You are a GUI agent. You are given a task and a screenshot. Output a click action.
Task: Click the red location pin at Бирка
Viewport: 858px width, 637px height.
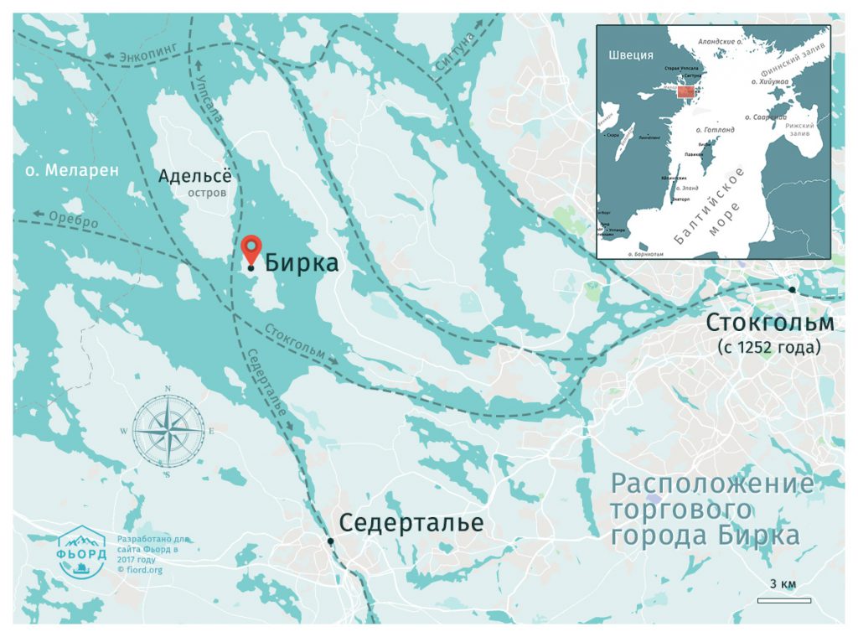point(251,249)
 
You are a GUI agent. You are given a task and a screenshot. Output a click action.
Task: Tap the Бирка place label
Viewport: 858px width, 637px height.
point(302,263)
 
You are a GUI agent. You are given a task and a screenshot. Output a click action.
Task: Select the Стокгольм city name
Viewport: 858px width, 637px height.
point(770,323)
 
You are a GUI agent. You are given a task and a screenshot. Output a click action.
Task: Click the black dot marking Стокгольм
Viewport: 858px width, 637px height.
point(792,290)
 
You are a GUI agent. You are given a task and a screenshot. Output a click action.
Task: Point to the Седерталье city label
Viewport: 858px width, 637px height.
point(411,523)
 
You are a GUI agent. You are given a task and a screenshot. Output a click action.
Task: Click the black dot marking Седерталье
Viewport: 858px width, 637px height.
point(331,541)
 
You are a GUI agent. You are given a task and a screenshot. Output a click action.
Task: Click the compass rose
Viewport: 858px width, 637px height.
point(168,431)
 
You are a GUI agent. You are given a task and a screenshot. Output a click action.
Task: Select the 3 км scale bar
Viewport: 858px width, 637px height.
point(783,599)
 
